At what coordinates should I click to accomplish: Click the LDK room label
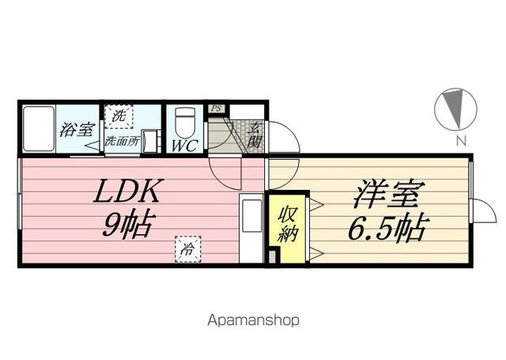126,191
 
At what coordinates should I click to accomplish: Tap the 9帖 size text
126,225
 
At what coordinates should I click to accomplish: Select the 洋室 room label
387,194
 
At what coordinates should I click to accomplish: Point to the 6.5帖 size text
388,228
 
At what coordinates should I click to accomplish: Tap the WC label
184,146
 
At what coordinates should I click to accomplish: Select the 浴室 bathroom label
77,130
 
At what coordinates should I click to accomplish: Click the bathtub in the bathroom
39,129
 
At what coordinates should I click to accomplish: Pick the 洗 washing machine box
119,116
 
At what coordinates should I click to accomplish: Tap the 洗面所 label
123,141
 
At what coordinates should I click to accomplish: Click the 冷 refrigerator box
188,249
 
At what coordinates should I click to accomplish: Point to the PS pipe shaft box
216,108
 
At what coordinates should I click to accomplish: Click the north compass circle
455,109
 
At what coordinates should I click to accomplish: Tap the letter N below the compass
462,141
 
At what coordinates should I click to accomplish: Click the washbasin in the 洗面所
150,141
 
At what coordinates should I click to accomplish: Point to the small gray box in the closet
272,256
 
